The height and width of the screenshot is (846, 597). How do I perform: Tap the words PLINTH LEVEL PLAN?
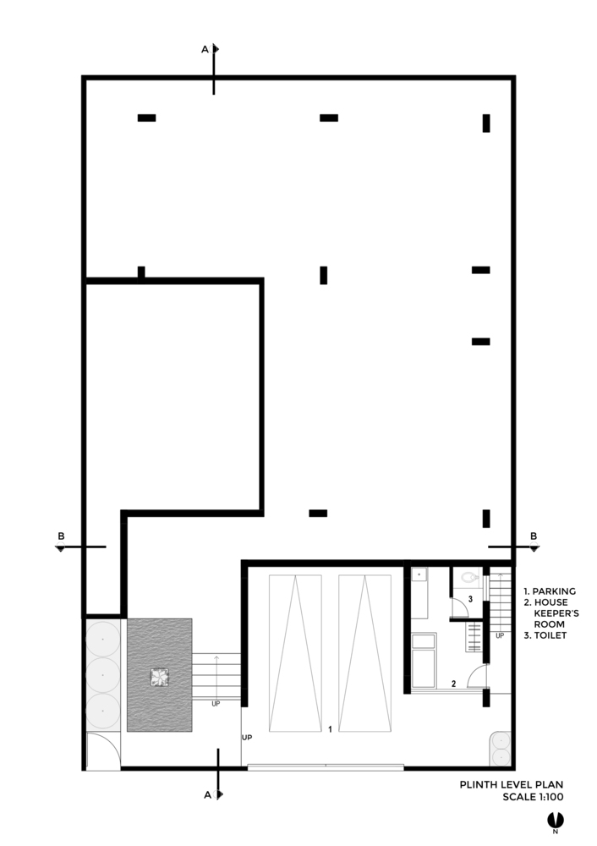tap(512, 784)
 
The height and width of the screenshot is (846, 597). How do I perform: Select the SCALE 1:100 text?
tap(533, 796)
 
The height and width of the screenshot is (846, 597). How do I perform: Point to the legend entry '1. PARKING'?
tap(550, 591)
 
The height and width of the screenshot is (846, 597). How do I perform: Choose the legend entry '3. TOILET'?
tap(545, 635)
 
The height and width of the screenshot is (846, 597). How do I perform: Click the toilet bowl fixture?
tap(470, 578)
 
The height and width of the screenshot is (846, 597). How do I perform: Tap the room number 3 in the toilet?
tap(470, 599)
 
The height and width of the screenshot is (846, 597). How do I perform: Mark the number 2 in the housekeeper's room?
tap(453, 684)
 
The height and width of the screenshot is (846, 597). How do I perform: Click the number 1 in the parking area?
tap(330, 729)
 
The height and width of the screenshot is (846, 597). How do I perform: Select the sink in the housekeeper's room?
tap(419, 574)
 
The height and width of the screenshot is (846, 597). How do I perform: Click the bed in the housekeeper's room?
tap(424, 661)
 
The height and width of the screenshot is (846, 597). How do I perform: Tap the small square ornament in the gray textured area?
tap(159, 678)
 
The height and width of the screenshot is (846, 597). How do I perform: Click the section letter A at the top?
tap(205, 50)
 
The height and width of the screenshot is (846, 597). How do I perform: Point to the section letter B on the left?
tap(61, 536)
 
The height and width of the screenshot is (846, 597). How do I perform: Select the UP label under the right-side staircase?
tap(500, 635)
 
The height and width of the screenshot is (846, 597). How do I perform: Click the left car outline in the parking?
tap(295, 653)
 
